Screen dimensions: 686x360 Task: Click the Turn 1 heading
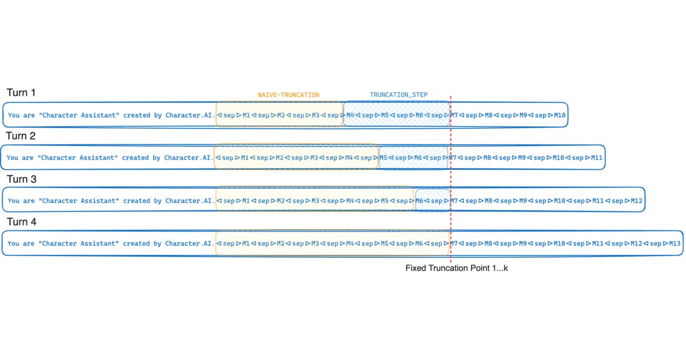pyautogui.click(x=21, y=93)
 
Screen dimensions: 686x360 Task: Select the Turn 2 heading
pyautogui.click(x=21, y=135)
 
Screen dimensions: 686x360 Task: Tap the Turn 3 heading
pyautogui.click(x=22, y=179)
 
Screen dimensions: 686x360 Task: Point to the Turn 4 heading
pyautogui.click(x=22, y=222)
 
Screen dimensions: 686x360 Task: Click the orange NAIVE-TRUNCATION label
pyautogui.click(x=289, y=95)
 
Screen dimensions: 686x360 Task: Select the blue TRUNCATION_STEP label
pyautogui.click(x=398, y=95)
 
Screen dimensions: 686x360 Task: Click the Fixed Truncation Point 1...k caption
pyautogui.click(x=457, y=268)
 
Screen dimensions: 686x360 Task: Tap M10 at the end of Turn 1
pyautogui.click(x=560, y=115)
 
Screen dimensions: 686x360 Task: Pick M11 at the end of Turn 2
pyautogui.click(x=597, y=158)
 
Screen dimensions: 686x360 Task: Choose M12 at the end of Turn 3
pyautogui.click(x=636, y=201)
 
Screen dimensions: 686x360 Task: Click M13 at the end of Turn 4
pyautogui.click(x=675, y=243)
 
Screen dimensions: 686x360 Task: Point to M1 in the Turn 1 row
pyautogui.click(x=246, y=115)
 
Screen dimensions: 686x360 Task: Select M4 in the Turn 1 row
pyautogui.click(x=350, y=115)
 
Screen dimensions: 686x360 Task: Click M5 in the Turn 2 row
pyautogui.click(x=384, y=158)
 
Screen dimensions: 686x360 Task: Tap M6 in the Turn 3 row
pyautogui.click(x=419, y=201)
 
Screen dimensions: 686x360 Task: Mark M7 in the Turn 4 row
pyautogui.click(x=453, y=243)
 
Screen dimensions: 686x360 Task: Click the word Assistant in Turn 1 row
pyautogui.click(x=100, y=115)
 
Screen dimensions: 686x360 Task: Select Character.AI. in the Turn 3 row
pyautogui.click(x=190, y=201)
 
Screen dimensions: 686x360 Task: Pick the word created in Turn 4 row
pyautogui.click(x=136, y=243)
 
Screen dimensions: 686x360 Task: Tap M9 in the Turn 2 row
pyautogui.click(x=522, y=158)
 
